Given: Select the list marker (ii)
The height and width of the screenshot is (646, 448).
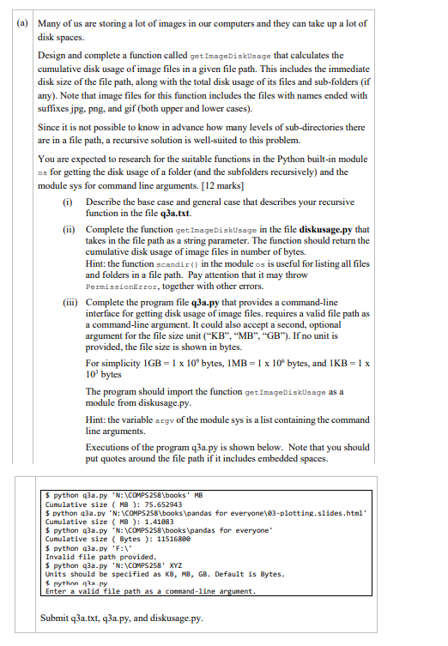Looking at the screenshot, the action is [x=70, y=230].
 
